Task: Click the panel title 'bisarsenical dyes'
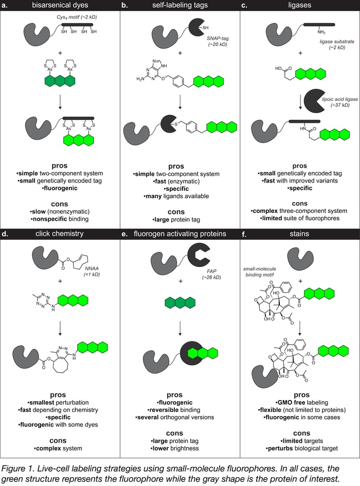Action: click(60, 5)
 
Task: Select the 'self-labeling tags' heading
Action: click(180, 5)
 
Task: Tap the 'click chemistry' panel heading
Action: click(60, 233)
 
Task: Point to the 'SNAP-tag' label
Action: click(218, 39)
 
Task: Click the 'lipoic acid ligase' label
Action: click(340, 99)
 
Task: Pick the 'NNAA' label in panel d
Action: click(92, 268)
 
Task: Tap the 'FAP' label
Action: click(211, 271)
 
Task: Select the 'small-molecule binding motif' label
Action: click(260, 272)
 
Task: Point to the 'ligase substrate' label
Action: click(337, 42)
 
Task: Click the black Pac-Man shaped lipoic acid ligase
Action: click(314, 100)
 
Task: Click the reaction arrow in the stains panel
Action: click(300, 328)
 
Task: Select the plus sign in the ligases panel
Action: click(300, 53)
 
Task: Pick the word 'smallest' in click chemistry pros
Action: click(43, 402)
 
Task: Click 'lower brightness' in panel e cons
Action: click(175, 448)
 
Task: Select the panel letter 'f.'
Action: click(244, 234)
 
